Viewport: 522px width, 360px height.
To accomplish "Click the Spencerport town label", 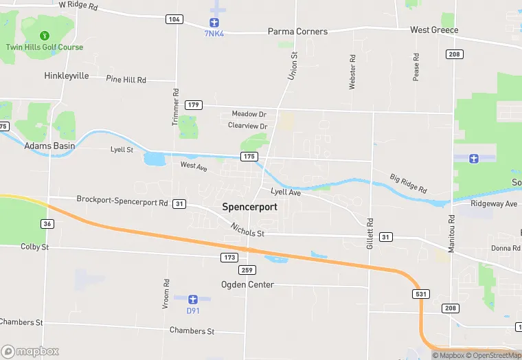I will point(249,206).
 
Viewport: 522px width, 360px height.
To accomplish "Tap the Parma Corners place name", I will point(297,32).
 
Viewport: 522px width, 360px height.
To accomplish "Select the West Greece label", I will point(434,30).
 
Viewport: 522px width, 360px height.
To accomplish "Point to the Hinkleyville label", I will point(67,76).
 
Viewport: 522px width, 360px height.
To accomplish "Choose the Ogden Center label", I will point(247,284).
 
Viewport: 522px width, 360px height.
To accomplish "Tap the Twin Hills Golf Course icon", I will point(45,34).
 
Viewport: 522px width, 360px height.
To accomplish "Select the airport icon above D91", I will point(193,300).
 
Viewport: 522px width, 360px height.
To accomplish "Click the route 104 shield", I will point(174,19).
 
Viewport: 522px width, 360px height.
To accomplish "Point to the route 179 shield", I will point(194,105).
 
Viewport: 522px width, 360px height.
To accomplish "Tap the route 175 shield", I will point(249,157).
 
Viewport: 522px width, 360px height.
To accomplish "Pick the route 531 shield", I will point(422,294).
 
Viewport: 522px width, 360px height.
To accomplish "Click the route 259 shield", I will point(249,270).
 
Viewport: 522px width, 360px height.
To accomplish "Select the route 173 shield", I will point(229,258).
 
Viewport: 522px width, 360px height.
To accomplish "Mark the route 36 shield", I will point(47,224).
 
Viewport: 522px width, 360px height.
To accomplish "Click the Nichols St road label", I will point(247,230).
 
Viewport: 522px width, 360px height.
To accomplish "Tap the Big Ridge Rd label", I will point(408,183).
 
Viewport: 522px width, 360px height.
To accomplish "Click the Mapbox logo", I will point(30,351).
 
